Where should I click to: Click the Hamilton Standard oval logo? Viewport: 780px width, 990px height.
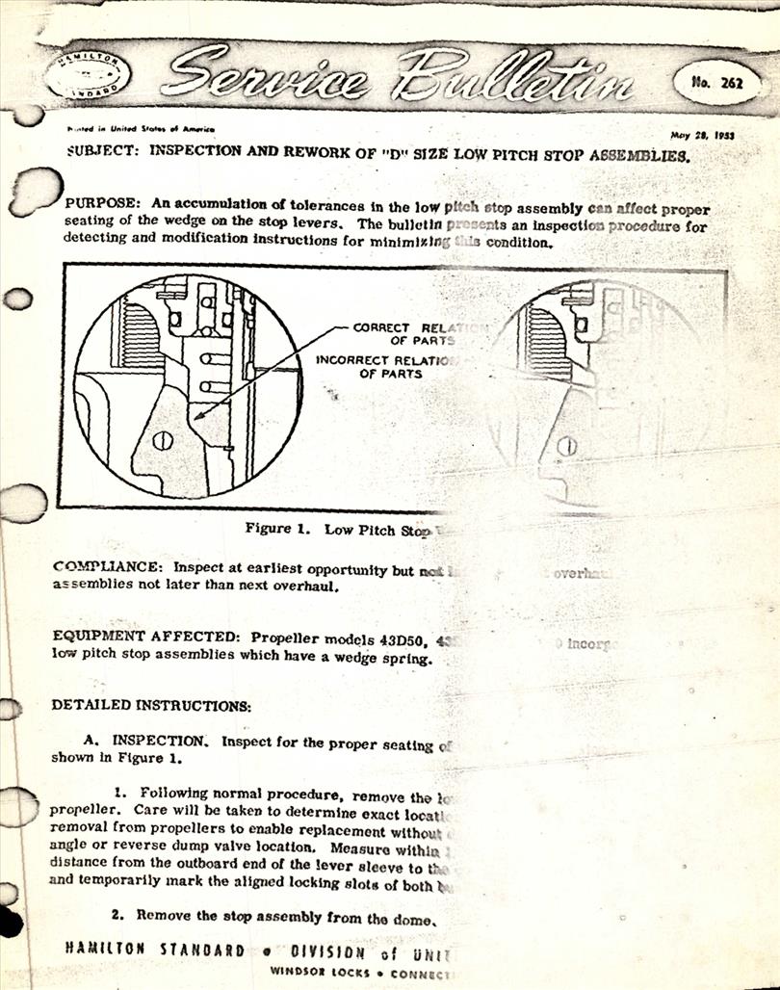(x=88, y=74)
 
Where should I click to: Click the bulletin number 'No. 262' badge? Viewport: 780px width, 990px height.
(x=716, y=82)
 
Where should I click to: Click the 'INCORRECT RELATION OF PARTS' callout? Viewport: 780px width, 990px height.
(x=385, y=367)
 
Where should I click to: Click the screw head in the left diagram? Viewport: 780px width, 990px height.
(x=164, y=439)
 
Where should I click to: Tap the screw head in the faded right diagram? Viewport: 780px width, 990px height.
(x=567, y=445)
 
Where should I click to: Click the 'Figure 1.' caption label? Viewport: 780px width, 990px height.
(x=280, y=529)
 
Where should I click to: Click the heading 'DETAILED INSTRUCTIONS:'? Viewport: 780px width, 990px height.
(x=150, y=706)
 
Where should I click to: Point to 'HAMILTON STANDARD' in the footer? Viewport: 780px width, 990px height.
(x=155, y=950)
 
